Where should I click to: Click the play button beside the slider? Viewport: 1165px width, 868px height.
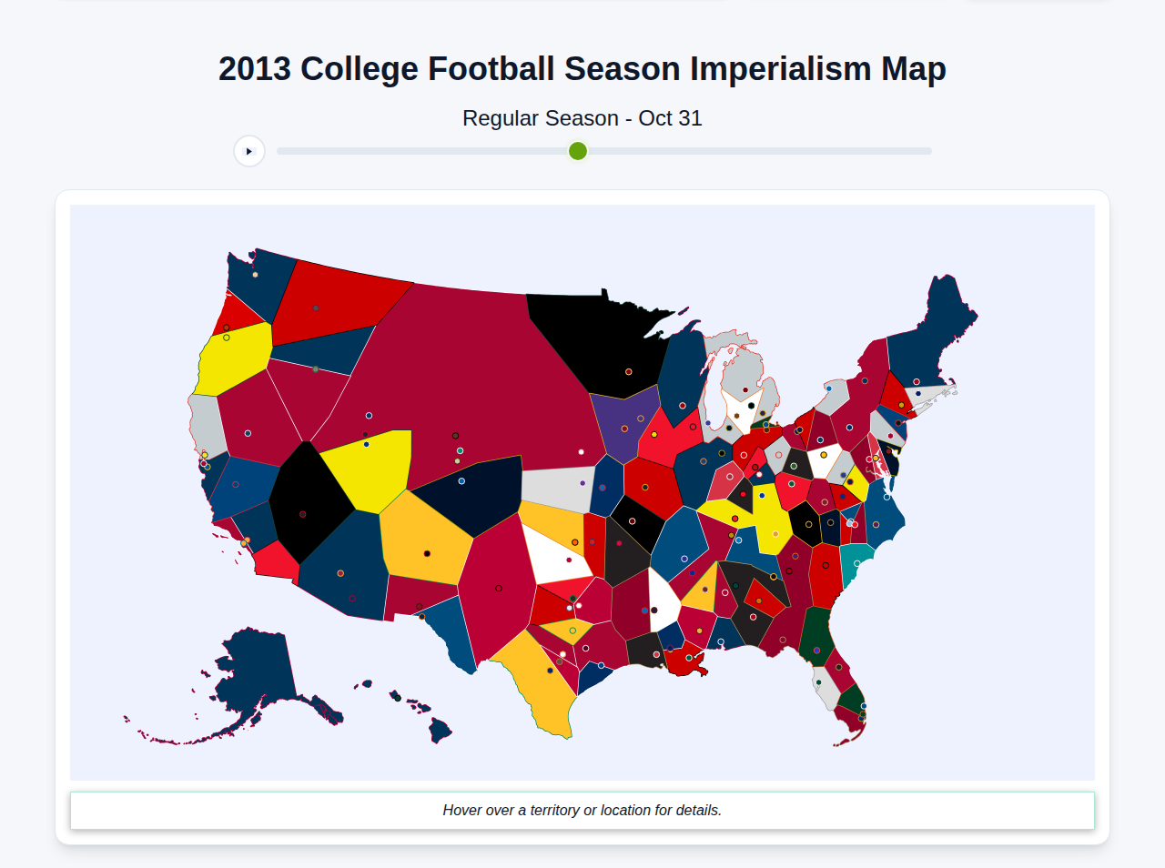click(249, 151)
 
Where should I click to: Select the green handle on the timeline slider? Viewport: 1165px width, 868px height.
click(578, 151)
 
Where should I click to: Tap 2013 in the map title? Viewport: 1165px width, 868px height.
click(255, 69)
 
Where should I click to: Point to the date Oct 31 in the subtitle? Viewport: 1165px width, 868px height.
click(670, 118)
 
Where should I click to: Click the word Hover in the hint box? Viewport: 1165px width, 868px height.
click(462, 810)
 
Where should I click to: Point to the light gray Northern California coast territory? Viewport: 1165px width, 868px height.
click(208, 423)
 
